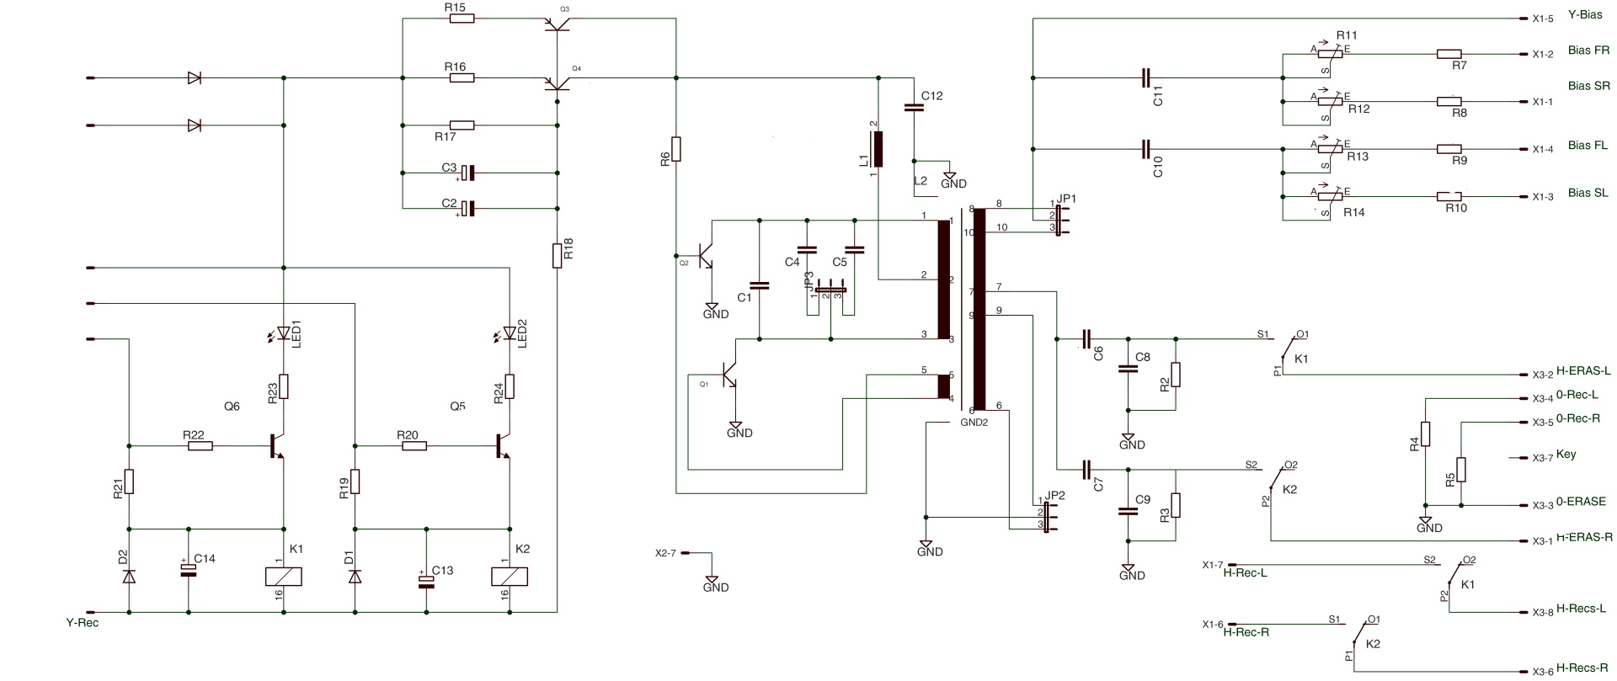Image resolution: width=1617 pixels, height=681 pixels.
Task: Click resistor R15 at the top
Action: click(x=462, y=18)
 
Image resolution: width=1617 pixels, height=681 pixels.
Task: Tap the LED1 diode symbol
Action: click(x=284, y=333)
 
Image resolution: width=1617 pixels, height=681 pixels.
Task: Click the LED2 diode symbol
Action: click(x=510, y=333)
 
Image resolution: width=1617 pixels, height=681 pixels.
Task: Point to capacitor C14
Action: click(x=188, y=570)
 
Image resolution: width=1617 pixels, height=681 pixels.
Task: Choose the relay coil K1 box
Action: click(x=284, y=577)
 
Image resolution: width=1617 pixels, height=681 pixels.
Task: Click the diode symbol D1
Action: click(x=355, y=577)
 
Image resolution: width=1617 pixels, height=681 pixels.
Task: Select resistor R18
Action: click(x=557, y=255)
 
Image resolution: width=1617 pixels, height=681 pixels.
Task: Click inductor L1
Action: click(x=878, y=150)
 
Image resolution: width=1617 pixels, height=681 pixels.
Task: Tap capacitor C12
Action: click(x=914, y=108)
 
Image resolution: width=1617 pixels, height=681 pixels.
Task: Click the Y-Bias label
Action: click(x=1585, y=15)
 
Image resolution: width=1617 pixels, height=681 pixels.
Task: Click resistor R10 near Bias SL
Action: click(x=1449, y=197)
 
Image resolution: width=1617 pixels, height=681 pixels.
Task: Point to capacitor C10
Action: click(x=1145, y=149)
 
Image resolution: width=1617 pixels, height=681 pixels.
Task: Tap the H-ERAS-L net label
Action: click(x=1583, y=370)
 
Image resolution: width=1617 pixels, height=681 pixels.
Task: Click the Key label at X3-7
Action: click(x=1566, y=455)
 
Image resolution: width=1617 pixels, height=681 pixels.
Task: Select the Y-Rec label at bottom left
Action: click(x=83, y=624)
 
